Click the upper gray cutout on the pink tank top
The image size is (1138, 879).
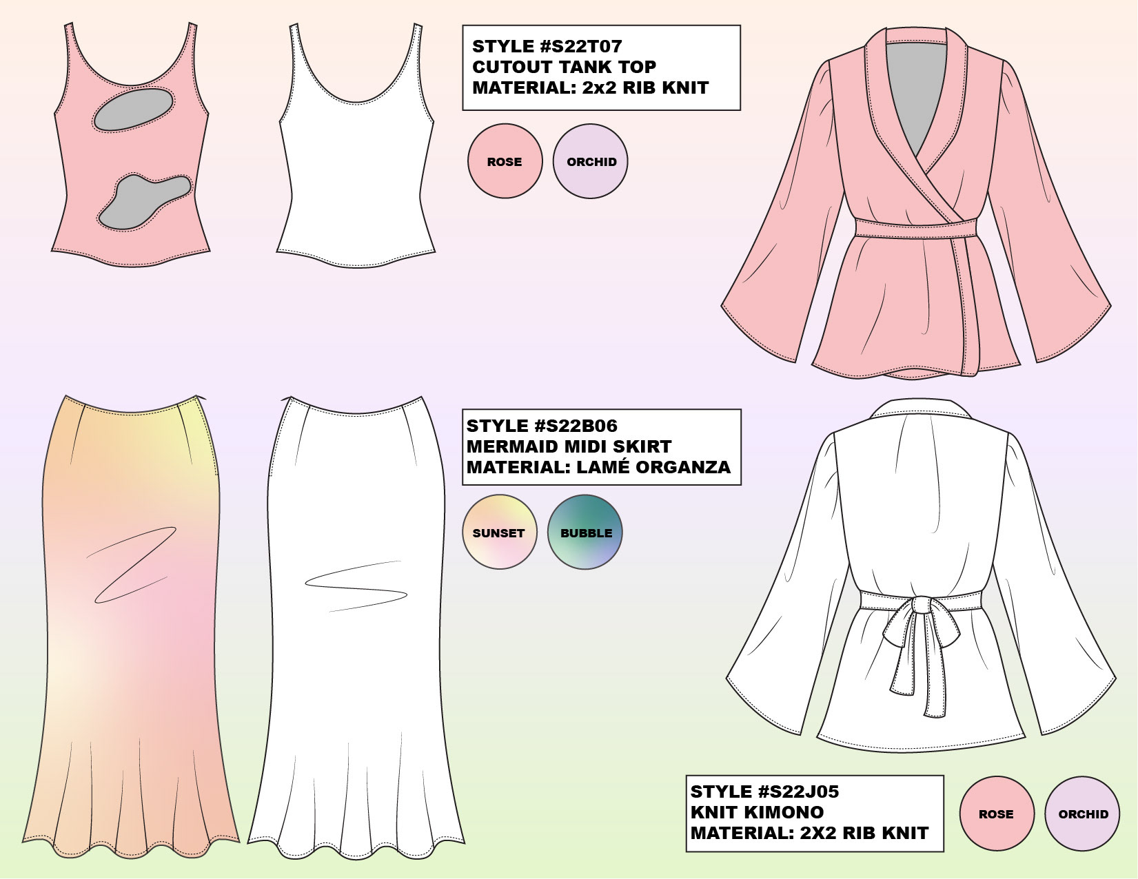click(x=132, y=110)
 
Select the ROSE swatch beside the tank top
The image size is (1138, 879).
click(x=505, y=162)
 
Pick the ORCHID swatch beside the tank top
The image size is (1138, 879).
click(x=591, y=162)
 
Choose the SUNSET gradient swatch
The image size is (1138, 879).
click(x=499, y=532)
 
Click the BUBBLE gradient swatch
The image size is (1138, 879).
click(x=585, y=532)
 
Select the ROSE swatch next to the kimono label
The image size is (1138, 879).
click(x=997, y=814)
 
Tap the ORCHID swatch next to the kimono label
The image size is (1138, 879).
click(x=1082, y=814)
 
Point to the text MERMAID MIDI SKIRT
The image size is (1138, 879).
click(x=569, y=446)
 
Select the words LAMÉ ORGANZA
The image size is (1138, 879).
click(x=653, y=467)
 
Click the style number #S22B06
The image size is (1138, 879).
click(x=576, y=426)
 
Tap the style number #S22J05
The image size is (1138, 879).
click(x=797, y=792)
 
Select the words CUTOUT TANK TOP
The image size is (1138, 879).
click(x=564, y=68)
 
